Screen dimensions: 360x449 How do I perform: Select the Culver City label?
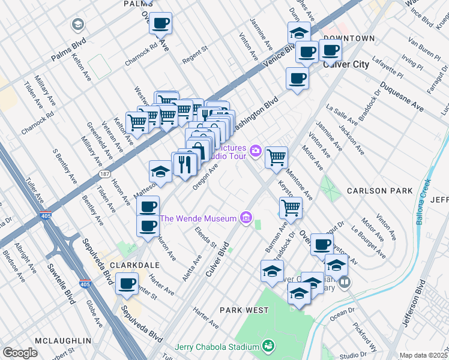(346, 64)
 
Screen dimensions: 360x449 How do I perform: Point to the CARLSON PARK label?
(380, 191)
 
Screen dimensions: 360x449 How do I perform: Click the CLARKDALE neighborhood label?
(134, 265)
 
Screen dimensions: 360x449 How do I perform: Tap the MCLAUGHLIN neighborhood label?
(63, 341)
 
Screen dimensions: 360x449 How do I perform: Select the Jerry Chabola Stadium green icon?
(268, 346)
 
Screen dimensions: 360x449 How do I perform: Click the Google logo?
(20, 353)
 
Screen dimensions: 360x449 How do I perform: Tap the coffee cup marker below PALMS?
(160, 24)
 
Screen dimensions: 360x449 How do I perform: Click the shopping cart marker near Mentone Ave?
(276, 158)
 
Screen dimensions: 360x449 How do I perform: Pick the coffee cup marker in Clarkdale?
(127, 284)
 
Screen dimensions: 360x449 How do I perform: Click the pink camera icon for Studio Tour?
(256, 149)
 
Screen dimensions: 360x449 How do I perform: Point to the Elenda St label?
(204, 239)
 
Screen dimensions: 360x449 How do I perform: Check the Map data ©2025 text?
(423, 355)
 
